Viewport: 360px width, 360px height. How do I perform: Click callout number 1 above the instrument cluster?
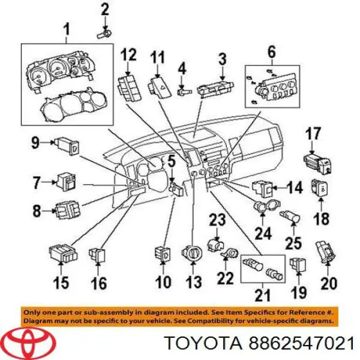click(67, 29)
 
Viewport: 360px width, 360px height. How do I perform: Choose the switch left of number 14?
click(262, 188)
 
